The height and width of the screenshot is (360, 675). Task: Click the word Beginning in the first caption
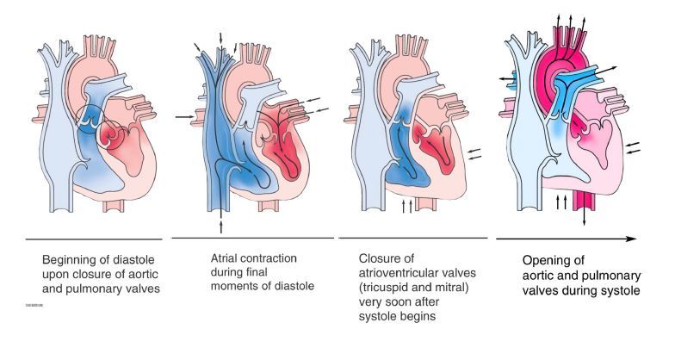click(71, 258)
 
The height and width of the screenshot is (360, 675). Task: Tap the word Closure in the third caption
click(380, 257)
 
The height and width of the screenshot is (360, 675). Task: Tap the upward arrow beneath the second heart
click(223, 225)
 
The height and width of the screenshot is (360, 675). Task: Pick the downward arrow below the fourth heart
click(586, 220)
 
